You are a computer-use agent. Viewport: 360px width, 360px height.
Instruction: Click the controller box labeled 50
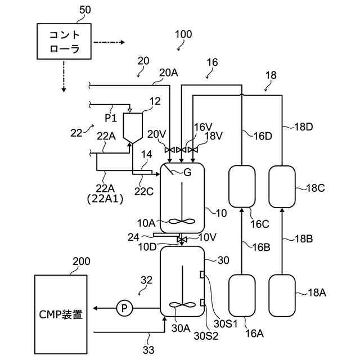click(64, 41)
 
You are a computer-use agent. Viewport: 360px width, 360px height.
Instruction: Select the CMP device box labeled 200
click(61, 314)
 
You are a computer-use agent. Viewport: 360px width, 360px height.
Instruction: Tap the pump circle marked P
click(124, 308)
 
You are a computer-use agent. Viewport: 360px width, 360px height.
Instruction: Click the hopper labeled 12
click(133, 128)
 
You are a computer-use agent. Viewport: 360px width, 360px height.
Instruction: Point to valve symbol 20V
click(170, 150)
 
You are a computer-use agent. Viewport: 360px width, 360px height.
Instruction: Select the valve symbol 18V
click(193, 150)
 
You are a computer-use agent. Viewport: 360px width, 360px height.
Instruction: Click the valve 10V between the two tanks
click(182, 240)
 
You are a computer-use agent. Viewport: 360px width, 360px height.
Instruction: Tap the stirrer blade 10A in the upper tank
click(182, 221)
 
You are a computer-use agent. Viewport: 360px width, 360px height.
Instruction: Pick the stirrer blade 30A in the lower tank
click(182, 305)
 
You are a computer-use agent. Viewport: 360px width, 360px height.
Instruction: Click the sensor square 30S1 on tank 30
click(202, 275)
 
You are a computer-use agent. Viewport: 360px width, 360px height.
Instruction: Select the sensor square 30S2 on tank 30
click(202, 303)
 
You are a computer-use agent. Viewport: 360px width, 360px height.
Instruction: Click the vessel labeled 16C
click(242, 186)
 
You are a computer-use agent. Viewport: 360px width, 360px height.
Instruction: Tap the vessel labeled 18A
click(282, 295)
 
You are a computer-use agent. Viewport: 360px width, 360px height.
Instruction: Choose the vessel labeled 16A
click(242, 295)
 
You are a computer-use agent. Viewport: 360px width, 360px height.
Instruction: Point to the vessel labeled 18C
click(282, 186)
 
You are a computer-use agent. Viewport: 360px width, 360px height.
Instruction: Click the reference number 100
click(183, 34)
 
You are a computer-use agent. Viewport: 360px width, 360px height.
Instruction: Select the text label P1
click(111, 118)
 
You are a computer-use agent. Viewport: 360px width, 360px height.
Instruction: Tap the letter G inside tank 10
click(187, 172)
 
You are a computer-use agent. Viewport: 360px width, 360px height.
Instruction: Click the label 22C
click(144, 191)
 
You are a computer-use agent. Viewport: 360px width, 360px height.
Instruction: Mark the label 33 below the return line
click(148, 350)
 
